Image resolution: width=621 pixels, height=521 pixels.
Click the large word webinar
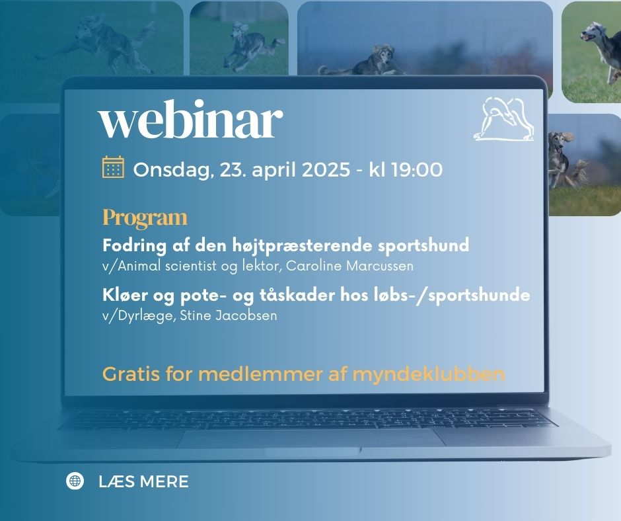(x=190, y=119)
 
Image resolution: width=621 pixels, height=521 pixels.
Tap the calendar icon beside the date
(x=113, y=167)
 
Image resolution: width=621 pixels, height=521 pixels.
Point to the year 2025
(x=326, y=170)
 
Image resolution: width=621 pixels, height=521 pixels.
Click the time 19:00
(x=417, y=170)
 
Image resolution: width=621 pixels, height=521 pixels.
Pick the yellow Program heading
(x=145, y=218)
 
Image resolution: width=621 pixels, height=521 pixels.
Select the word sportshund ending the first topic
(x=423, y=245)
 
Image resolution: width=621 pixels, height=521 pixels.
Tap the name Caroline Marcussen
(x=349, y=266)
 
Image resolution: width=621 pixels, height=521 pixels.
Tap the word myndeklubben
(x=429, y=374)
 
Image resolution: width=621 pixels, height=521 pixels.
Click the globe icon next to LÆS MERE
(x=75, y=481)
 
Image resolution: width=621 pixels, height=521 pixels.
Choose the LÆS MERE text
(x=143, y=482)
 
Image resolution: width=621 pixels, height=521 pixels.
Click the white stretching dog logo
(x=504, y=119)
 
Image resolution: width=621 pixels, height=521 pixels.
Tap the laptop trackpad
(x=311, y=438)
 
